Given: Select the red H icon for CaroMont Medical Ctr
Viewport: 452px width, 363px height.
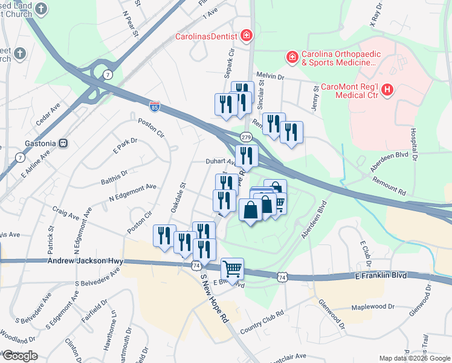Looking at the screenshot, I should tap(387, 90).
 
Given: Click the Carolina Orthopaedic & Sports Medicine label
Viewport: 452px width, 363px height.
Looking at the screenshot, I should tap(339, 58).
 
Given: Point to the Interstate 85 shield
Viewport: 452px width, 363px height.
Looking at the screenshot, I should tap(155, 106).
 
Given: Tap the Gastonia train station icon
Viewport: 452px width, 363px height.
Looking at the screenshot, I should tap(63, 143).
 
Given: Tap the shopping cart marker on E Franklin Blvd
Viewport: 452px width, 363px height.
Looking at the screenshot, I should tap(233, 268).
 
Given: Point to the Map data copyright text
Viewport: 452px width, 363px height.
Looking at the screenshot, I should tap(415, 358).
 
